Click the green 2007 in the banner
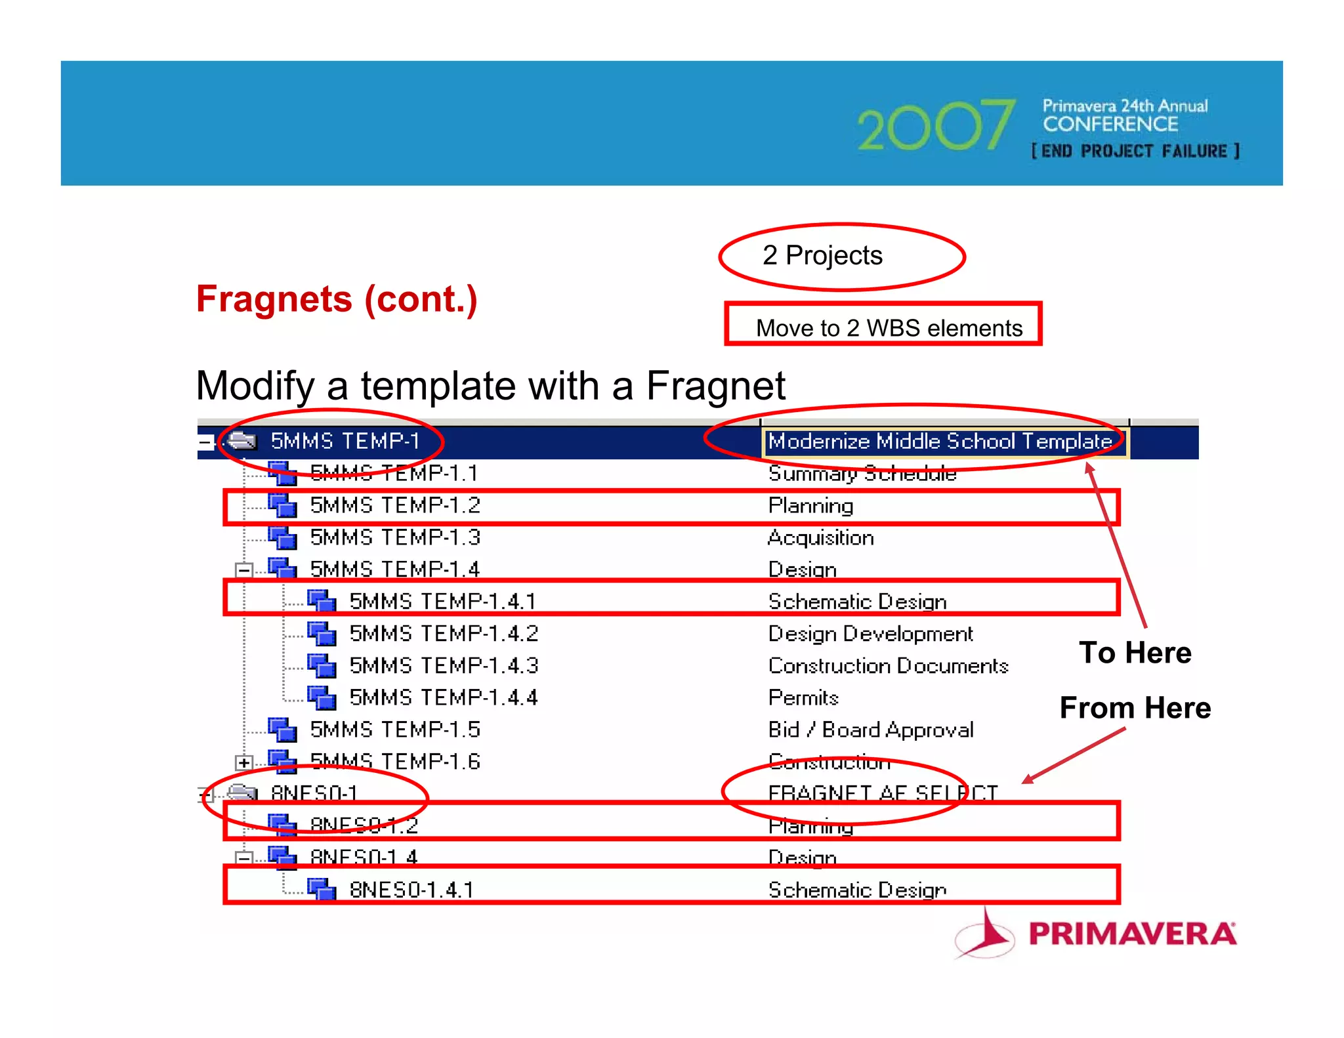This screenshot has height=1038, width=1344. tap(934, 126)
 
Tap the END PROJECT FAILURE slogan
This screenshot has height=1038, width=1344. tap(1135, 152)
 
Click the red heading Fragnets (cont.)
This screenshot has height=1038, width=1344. tap(337, 299)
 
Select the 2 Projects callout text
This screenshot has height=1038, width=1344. tap(822, 255)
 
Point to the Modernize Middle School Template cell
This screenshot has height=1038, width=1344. tap(940, 442)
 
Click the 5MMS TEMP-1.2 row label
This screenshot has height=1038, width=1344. tap(395, 505)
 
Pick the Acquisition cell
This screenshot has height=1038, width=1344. tap(820, 537)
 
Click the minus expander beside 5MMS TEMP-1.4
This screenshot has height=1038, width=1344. tap(243, 570)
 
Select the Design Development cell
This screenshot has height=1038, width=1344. tap(870, 634)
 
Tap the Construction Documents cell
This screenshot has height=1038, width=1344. tap(888, 666)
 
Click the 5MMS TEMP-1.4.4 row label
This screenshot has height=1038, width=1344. tap(444, 697)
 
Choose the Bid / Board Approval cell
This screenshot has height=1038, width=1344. tap(871, 730)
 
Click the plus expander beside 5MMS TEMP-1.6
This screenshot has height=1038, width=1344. tap(243, 762)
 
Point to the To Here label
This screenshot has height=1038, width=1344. tap(1135, 653)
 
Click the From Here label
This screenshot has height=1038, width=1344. tap(1135, 708)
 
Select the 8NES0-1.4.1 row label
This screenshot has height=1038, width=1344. tap(411, 890)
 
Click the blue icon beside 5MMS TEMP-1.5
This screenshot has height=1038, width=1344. tap(283, 730)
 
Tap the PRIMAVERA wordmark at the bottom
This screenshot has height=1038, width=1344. tap(1131, 934)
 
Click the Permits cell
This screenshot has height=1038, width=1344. tap(803, 697)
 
